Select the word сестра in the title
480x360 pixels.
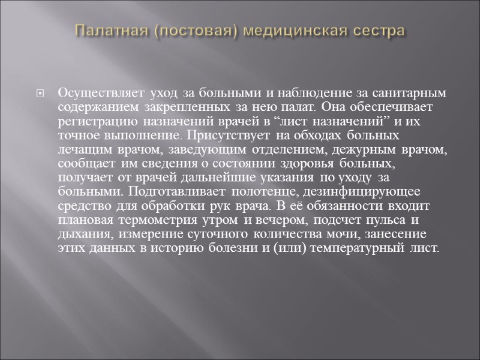tap(378, 30)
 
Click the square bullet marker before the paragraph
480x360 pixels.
tap(40, 94)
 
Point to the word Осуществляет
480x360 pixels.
tap(92, 94)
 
